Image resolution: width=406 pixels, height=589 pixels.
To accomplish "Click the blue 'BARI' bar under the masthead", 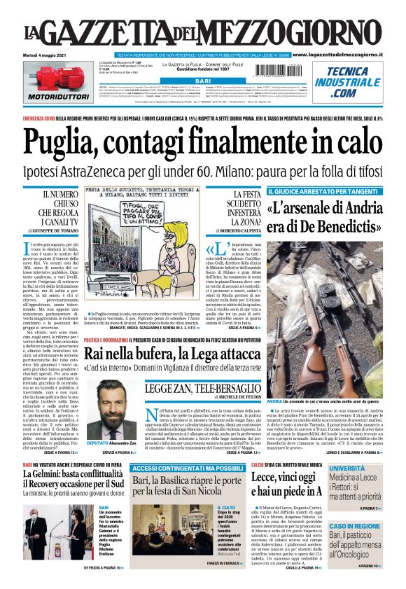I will click(202, 82).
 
